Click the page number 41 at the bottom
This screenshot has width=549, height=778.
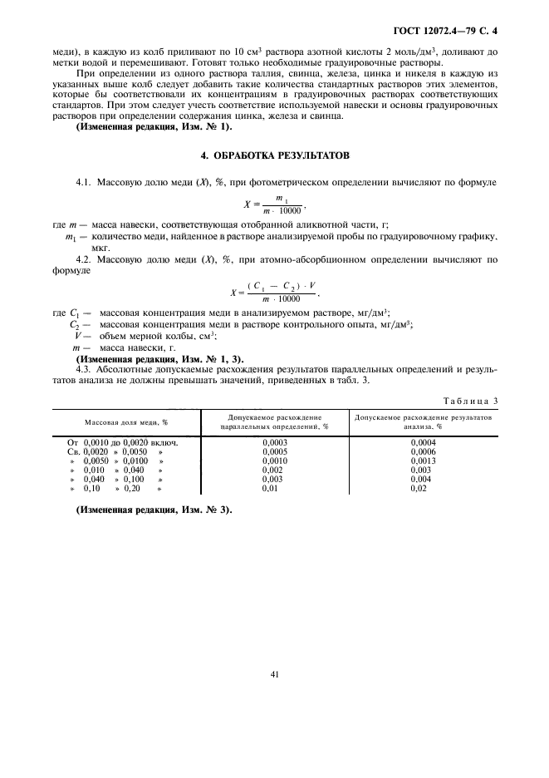point(274,674)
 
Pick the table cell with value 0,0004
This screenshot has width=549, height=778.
point(423,443)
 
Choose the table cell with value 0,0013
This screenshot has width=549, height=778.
point(423,460)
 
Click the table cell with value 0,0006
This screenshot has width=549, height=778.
point(423,451)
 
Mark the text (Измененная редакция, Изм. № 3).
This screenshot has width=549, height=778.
point(154,510)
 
